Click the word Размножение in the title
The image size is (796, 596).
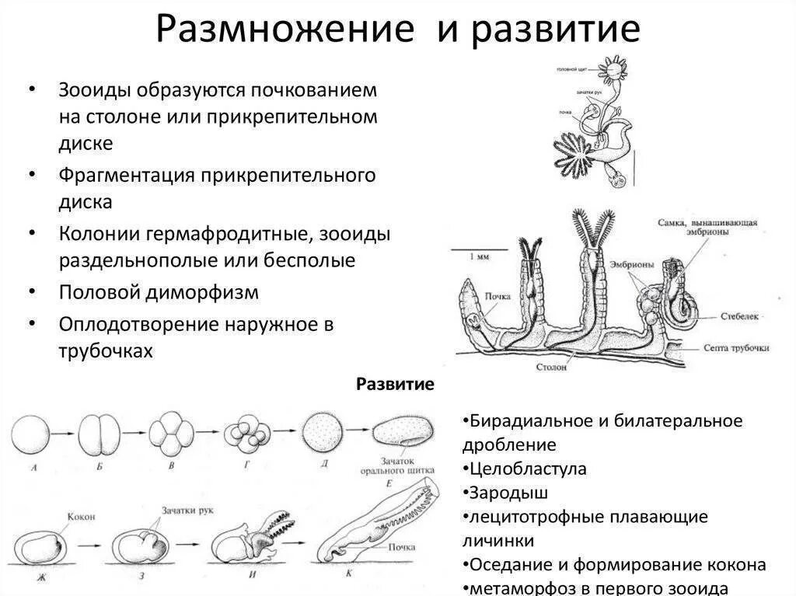pos(283,30)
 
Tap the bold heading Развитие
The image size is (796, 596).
pos(395,385)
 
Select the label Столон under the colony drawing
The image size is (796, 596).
pos(551,367)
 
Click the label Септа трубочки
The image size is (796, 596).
pos(735,347)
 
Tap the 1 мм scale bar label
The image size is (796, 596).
pos(479,256)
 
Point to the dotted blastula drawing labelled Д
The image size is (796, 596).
pos(321,430)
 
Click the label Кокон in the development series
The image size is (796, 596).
pos(81,516)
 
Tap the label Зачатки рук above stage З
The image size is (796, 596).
pos(187,511)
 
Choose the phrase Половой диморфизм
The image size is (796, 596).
pos(159,292)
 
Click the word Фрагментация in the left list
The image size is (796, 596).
pos(126,175)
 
